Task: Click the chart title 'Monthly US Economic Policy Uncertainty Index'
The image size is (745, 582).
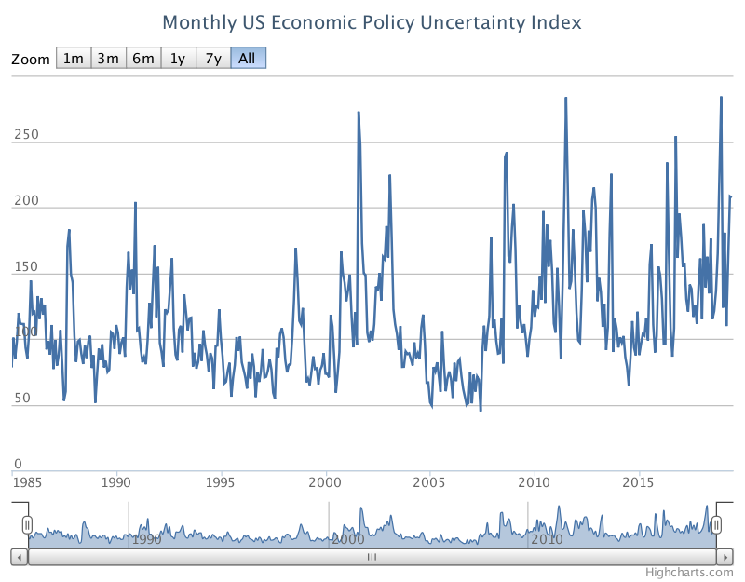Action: (372, 21)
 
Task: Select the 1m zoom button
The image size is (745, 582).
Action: (73, 59)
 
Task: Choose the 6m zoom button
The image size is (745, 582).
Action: (142, 59)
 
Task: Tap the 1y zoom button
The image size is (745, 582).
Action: (177, 59)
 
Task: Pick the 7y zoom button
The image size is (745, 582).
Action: (212, 59)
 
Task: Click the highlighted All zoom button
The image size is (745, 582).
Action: (248, 59)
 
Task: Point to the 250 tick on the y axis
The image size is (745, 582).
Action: (26, 135)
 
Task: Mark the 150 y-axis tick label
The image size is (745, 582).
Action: (26, 267)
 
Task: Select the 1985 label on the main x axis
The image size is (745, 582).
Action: (27, 482)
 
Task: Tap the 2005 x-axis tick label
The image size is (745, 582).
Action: (429, 482)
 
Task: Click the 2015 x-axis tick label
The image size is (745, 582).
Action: (638, 482)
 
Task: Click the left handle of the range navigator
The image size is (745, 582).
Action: (28, 525)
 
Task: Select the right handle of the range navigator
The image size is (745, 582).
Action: (717, 525)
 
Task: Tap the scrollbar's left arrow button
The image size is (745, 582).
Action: (19, 557)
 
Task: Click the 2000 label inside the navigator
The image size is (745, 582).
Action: (347, 539)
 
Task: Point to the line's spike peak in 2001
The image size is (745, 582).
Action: (359, 113)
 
